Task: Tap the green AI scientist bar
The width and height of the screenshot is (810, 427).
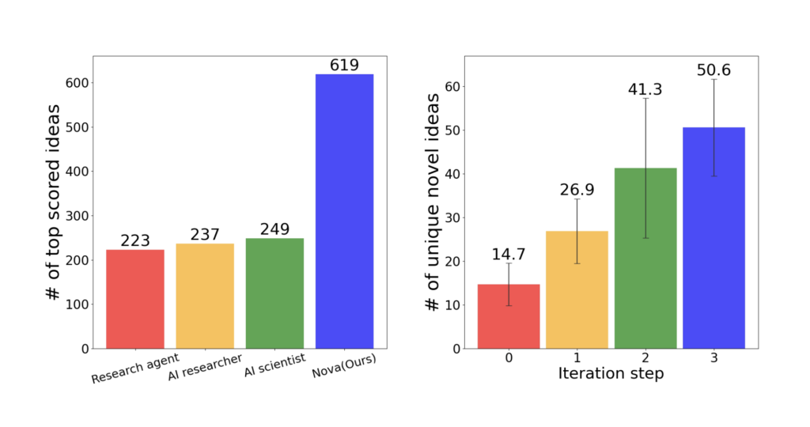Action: [x=274, y=293]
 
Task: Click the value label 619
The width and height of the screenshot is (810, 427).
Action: [x=344, y=65]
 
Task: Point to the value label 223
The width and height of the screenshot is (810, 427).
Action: [x=135, y=240]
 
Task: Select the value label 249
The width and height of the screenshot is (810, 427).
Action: [x=274, y=229]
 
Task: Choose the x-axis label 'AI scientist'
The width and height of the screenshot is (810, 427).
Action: [x=272, y=366]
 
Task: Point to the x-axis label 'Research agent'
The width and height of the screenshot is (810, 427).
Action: [x=134, y=369]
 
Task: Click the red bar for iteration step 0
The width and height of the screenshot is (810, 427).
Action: [x=509, y=316]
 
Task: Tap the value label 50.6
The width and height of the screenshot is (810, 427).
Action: [x=713, y=70]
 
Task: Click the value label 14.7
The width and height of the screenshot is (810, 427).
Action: [x=509, y=254]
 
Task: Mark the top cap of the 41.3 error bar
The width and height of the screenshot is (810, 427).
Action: [x=645, y=98]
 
